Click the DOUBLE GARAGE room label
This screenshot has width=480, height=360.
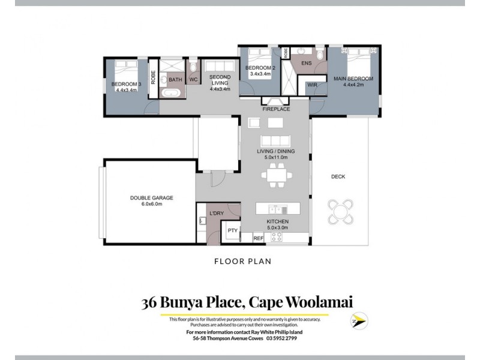coord(152,200)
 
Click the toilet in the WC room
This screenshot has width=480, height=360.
coord(193,66)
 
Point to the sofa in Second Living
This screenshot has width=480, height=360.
coord(217,66)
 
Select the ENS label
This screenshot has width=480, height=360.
coord(307,62)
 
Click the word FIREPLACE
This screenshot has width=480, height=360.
coord(276,109)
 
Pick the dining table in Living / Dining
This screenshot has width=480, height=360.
coord(277,176)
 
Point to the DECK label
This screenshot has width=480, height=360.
coord(338,176)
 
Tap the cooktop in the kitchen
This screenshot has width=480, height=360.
coord(277,238)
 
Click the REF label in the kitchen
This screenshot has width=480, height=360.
coord(259,238)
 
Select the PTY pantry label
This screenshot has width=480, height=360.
coord(232,230)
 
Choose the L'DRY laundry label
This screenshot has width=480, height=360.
coord(216,213)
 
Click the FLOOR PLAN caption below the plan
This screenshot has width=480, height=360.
coord(243,261)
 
